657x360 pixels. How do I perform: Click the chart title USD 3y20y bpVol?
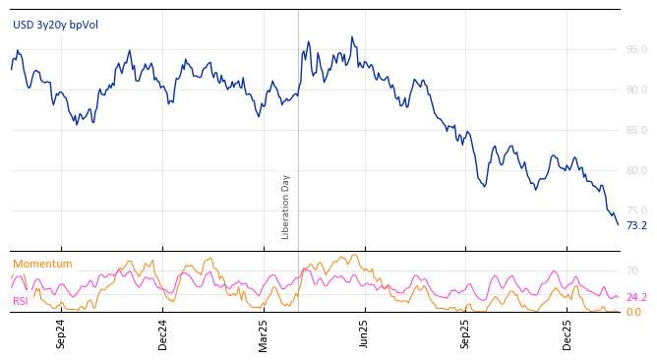pyautogui.click(x=55, y=25)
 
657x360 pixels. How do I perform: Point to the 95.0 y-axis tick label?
pyautogui.click(x=636, y=49)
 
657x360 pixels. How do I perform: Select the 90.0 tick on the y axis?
pyautogui.click(x=636, y=90)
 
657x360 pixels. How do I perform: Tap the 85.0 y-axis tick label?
pyautogui.click(x=636, y=130)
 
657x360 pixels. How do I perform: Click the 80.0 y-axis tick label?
pyautogui.click(x=636, y=170)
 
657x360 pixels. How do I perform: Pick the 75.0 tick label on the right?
pyautogui.click(x=636, y=210)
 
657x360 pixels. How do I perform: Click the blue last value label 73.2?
pyautogui.click(x=636, y=225)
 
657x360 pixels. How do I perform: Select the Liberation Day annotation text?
pyautogui.click(x=286, y=207)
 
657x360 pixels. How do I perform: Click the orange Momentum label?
pyautogui.click(x=42, y=264)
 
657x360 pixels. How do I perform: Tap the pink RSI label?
pyautogui.click(x=21, y=301)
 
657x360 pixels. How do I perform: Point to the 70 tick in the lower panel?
pyautogui.click(x=631, y=270)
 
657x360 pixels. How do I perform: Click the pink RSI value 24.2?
pyautogui.click(x=636, y=297)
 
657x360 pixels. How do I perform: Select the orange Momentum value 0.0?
pyautogui.click(x=633, y=312)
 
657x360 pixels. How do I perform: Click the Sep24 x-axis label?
pyautogui.click(x=61, y=333)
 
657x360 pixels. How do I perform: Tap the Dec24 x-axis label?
pyautogui.click(x=163, y=333)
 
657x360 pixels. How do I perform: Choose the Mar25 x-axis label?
pyautogui.click(x=264, y=333)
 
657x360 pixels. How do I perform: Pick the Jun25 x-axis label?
pyautogui.click(x=364, y=333)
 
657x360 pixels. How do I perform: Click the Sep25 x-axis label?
pyautogui.click(x=466, y=333)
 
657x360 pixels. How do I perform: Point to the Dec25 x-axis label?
pyautogui.click(x=567, y=333)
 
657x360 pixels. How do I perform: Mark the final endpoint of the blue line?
pyautogui.click(x=618, y=224)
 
